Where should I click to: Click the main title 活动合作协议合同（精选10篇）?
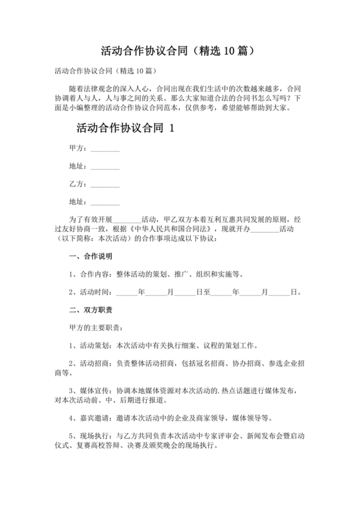pyautogui.click(x=179, y=49)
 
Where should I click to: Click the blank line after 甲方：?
pyautogui.click(x=105, y=148)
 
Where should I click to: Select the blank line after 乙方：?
pyautogui.click(x=105, y=184)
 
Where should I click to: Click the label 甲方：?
pyautogui.click(x=77, y=148)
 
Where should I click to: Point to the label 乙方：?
pyautogui.click(x=77, y=184)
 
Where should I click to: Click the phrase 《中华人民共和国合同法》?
pyautogui.click(x=165, y=229)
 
